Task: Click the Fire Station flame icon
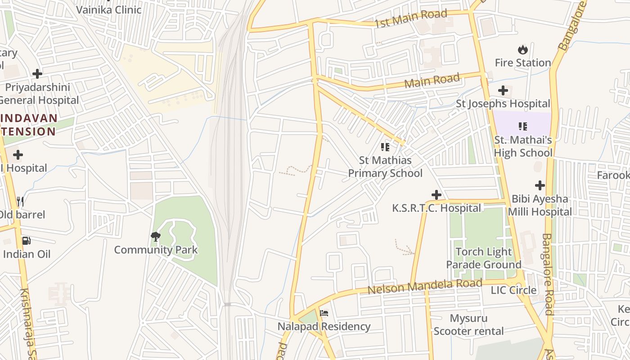pos(522,49)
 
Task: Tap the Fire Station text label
pos(523,63)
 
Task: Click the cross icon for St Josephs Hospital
pos(503,90)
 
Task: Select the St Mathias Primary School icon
pos(385,147)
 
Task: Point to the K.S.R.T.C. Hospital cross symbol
pos(436,195)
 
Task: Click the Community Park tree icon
pos(156,236)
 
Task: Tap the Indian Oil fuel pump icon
pos(27,241)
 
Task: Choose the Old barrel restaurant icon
pos(20,201)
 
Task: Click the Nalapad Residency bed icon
pos(324,313)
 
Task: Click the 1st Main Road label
pos(410,18)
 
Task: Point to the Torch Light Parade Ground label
pos(483,258)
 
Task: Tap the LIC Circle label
pos(513,290)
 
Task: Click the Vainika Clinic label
pos(109,9)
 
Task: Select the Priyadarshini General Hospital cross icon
pos(37,73)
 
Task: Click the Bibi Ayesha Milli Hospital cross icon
pos(540,185)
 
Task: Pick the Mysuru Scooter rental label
pos(468,325)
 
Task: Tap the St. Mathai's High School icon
pos(522,126)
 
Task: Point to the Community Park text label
pos(156,250)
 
